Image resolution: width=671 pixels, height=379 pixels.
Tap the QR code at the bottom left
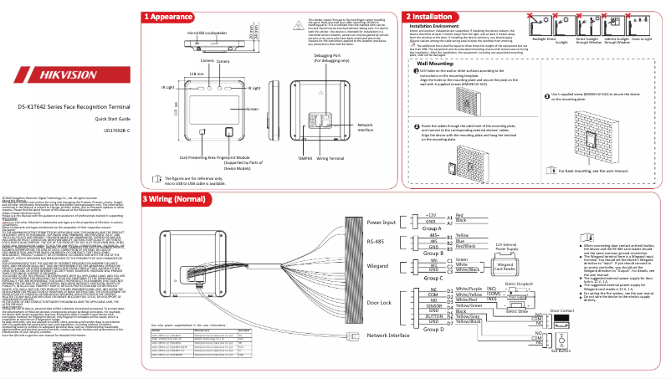pos(69,360)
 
